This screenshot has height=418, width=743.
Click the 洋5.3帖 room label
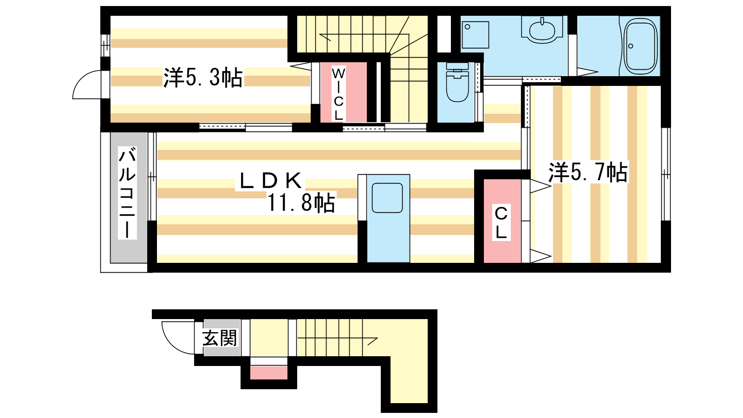tap(202, 78)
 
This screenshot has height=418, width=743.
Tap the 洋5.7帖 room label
tap(588, 172)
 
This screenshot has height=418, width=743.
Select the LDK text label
tap(270, 181)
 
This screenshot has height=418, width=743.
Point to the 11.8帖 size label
tap(301, 202)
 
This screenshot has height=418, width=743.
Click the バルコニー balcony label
tap(127, 193)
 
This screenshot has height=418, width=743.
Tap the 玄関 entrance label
tap(220, 338)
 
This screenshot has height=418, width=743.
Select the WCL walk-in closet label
tap(338, 94)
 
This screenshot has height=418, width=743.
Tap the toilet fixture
tap(457, 82)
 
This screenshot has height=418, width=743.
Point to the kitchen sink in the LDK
tap(387, 198)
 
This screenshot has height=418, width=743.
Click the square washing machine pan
tap(476, 35)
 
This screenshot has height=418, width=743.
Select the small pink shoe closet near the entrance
tap(269, 373)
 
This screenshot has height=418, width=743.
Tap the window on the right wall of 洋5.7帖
tap(666, 174)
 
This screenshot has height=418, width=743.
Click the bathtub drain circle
tap(631, 46)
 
